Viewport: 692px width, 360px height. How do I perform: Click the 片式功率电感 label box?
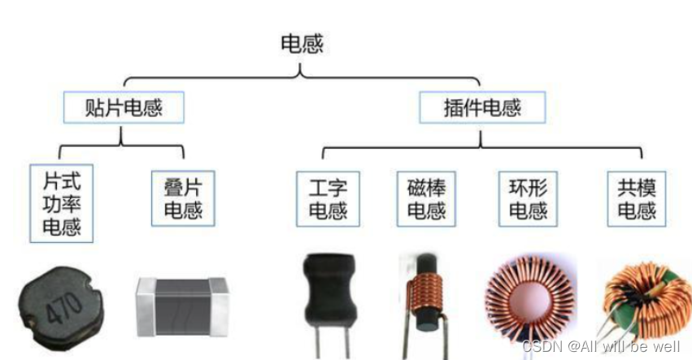(x=62, y=202)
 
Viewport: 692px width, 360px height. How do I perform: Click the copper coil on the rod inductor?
(x=424, y=289)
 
